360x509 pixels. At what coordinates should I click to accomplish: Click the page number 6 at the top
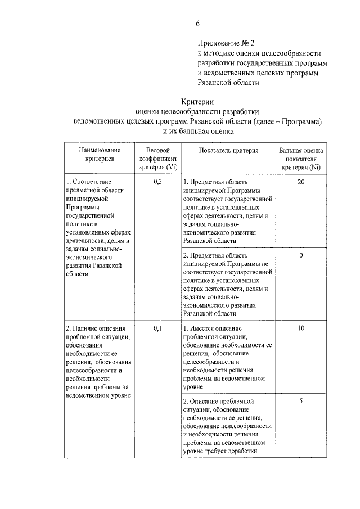(x=197, y=23)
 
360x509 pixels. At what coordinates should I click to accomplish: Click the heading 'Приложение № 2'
(x=226, y=43)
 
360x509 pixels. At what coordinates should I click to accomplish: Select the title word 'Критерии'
(x=197, y=101)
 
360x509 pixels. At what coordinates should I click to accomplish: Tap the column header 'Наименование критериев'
(x=100, y=155)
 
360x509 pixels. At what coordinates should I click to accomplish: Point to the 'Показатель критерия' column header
(x=228, y=151)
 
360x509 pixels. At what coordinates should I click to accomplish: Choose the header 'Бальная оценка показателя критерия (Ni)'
(x=301, y=159)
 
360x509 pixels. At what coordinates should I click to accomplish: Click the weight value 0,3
(x=157, y=182)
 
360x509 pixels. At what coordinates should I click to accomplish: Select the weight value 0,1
(x=157, y=328)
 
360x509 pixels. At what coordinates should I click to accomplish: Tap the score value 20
(x=301, y=182)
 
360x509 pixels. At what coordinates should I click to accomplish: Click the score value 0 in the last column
(x=301, y=255)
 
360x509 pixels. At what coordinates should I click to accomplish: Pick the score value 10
(x=301, y=328)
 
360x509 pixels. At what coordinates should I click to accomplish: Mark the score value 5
(x=301, y=401)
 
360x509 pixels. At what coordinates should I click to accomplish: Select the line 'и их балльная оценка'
(x=197, y=130)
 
